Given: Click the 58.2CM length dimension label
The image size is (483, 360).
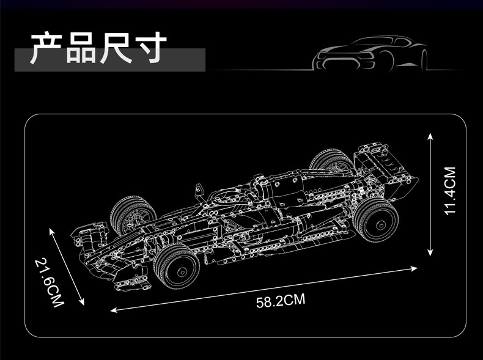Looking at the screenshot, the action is (281, 300).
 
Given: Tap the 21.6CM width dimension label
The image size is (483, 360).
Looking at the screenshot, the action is (50, 283).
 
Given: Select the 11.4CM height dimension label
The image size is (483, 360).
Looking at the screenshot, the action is (450, 191).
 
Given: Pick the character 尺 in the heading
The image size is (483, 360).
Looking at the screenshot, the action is (116, 48).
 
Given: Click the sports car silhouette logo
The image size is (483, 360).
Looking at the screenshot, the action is (371, 53).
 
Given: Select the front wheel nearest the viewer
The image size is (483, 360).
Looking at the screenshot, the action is (177, 266).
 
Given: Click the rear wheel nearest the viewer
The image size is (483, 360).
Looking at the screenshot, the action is (376, 219).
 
